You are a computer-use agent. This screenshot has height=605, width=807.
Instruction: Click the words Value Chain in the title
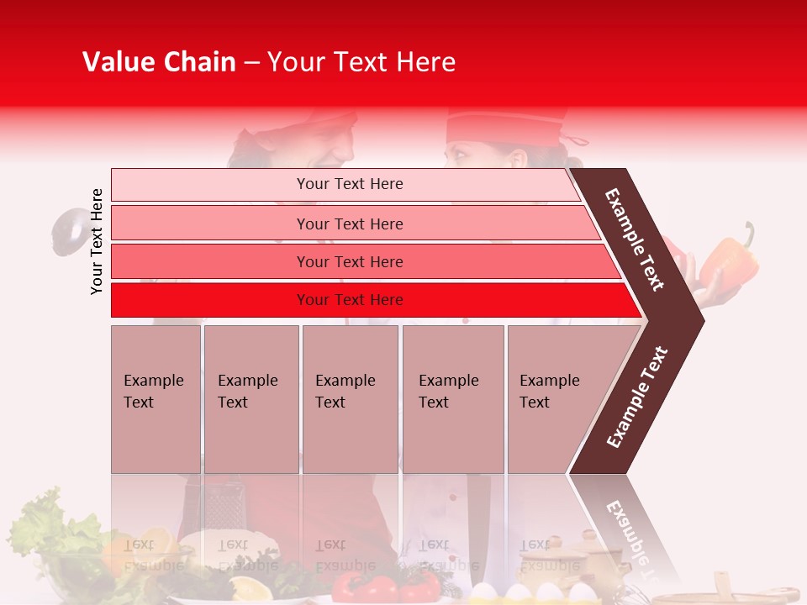pyautogui.click(x=159, y=62)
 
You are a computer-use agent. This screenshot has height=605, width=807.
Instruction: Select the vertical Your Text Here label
pyautogui.click(x=97, y=241)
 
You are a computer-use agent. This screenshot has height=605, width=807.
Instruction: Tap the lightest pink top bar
pyautogui.click(x=349, y=184)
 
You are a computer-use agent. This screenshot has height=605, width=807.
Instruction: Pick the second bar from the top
pyautogui.click(x=349, y=224)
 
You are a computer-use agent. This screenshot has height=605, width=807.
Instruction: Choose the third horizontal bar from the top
pyautogui.click(x=349, y=261)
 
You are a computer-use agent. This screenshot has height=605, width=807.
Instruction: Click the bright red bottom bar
pyautogui.click(x=349, y=300)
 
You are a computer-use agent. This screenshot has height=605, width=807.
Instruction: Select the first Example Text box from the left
pyautogui.click(x=156, y=398)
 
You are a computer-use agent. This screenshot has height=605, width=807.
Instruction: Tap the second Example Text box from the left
pyautogui.click(x=251, y=398)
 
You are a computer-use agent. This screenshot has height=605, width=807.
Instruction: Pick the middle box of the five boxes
pyautogui.click(x=350, y=398)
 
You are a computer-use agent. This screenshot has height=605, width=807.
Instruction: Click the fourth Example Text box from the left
pyautogui.click(x=452, y=398)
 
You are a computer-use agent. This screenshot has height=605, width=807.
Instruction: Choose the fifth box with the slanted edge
pyautogui.click(x=555, y=398)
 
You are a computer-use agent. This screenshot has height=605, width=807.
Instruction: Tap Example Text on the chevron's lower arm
pyautogui.click(x=637, y=397)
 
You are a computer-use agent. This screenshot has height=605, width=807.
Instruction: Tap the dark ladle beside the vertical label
pyautogui.click(x=67, y=229)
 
